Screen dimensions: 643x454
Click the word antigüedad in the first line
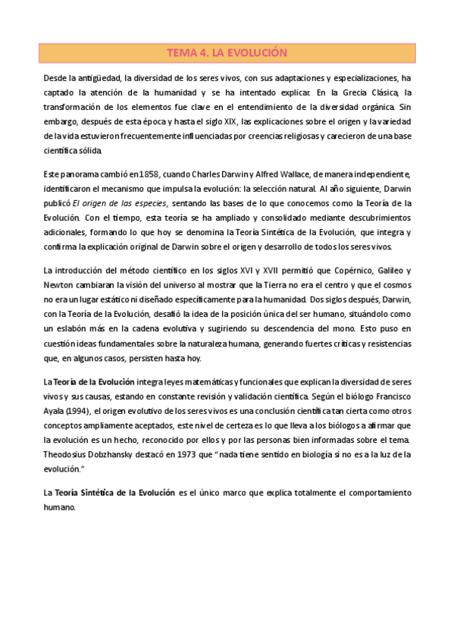(x=96, y=77)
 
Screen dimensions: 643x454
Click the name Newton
(x=58, y=285)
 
